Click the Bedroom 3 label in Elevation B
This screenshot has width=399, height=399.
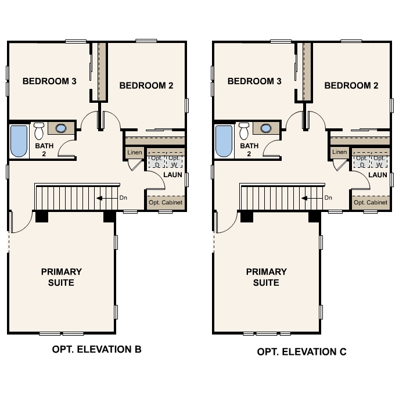[x=49, y=81]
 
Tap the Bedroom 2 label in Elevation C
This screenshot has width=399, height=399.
[x=351, y=85]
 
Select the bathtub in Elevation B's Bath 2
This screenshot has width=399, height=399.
[x=19, y=141]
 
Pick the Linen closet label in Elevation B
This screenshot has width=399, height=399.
[x=134, y=153]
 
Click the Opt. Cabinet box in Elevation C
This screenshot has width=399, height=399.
[x=371, y=203]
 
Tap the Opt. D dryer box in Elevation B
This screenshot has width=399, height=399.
[x=154, y=161]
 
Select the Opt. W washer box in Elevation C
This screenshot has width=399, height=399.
[x=379, y=161]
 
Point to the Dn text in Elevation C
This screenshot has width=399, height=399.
[x=328, y=198]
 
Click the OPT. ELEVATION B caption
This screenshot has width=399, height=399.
[x=96, y=350]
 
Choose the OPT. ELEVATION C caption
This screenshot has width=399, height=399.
[x=302, y=352]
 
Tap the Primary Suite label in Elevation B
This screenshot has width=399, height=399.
[x=61, y=277]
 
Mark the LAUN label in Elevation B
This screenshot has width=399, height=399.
[x=172, y=175]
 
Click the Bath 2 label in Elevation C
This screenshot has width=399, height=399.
[x=249, y=150]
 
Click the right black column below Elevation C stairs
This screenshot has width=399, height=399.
[x=314, y=216]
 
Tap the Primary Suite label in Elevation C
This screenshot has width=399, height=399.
[x=266, y=277]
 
